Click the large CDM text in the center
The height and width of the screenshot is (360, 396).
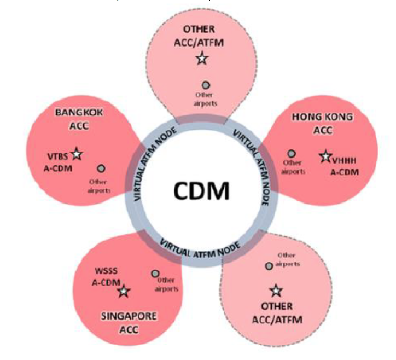[202, 191]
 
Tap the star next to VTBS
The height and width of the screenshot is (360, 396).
[77, 155]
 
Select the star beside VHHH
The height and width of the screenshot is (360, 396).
[325, 157]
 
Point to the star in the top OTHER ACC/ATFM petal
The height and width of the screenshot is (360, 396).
[202, 57]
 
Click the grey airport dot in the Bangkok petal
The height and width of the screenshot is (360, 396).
[101, 168]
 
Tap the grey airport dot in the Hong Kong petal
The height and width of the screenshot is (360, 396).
[292, 154]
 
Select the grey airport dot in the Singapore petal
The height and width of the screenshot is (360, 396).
[155, 274]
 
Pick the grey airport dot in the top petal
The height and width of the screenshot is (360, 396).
[206, 85]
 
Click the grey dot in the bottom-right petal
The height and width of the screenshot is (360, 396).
[269, 266]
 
